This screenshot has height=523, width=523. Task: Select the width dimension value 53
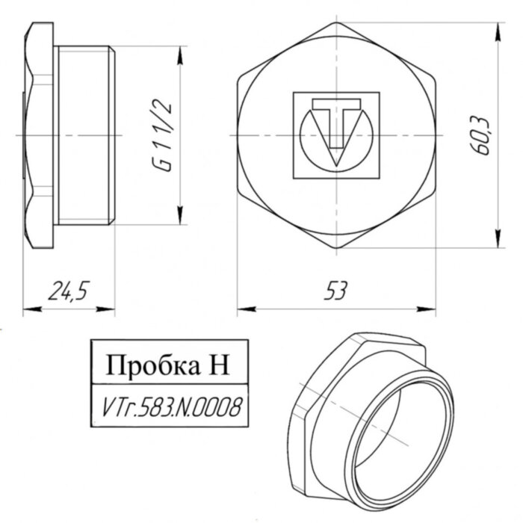336,291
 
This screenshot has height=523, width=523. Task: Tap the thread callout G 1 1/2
162,135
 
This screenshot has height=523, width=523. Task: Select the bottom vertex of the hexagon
336,250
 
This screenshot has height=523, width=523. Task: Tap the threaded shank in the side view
84,134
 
